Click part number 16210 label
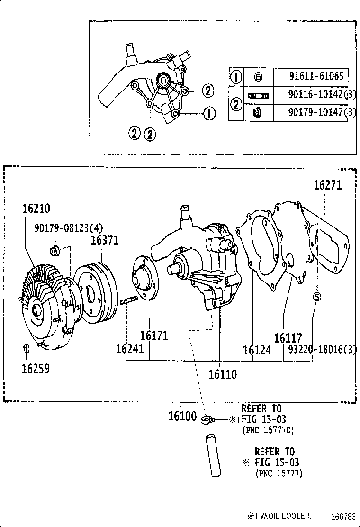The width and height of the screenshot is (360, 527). [x=36, y=209]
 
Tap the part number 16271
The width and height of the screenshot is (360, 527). [x=327, y=185]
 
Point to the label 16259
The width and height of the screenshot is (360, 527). [x=36, y=369]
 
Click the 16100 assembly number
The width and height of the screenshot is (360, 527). [x=182, y=417]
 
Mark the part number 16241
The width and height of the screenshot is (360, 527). [x=129, y=349]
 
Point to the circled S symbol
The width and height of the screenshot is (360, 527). [x=317, y=297]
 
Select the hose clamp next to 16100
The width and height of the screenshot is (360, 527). [x=207, y=419]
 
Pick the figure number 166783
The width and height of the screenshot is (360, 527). [x=340, y=516]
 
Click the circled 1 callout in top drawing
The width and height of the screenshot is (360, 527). [x=208, y=113]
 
